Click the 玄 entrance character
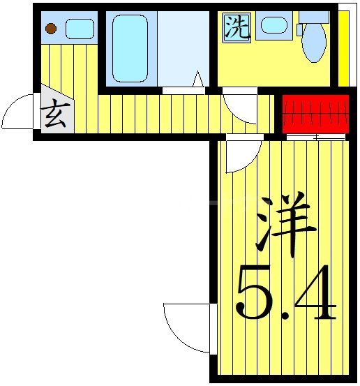(55, 114)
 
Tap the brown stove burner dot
(51, 29)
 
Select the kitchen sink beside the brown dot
(80, 29)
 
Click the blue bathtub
(130, 47)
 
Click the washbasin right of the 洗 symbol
(273, 26)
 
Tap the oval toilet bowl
(315, 41)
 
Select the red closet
(315, 112)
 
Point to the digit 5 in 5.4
(253, 293)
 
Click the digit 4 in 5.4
(314, 293)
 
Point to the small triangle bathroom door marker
(197, 80)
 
